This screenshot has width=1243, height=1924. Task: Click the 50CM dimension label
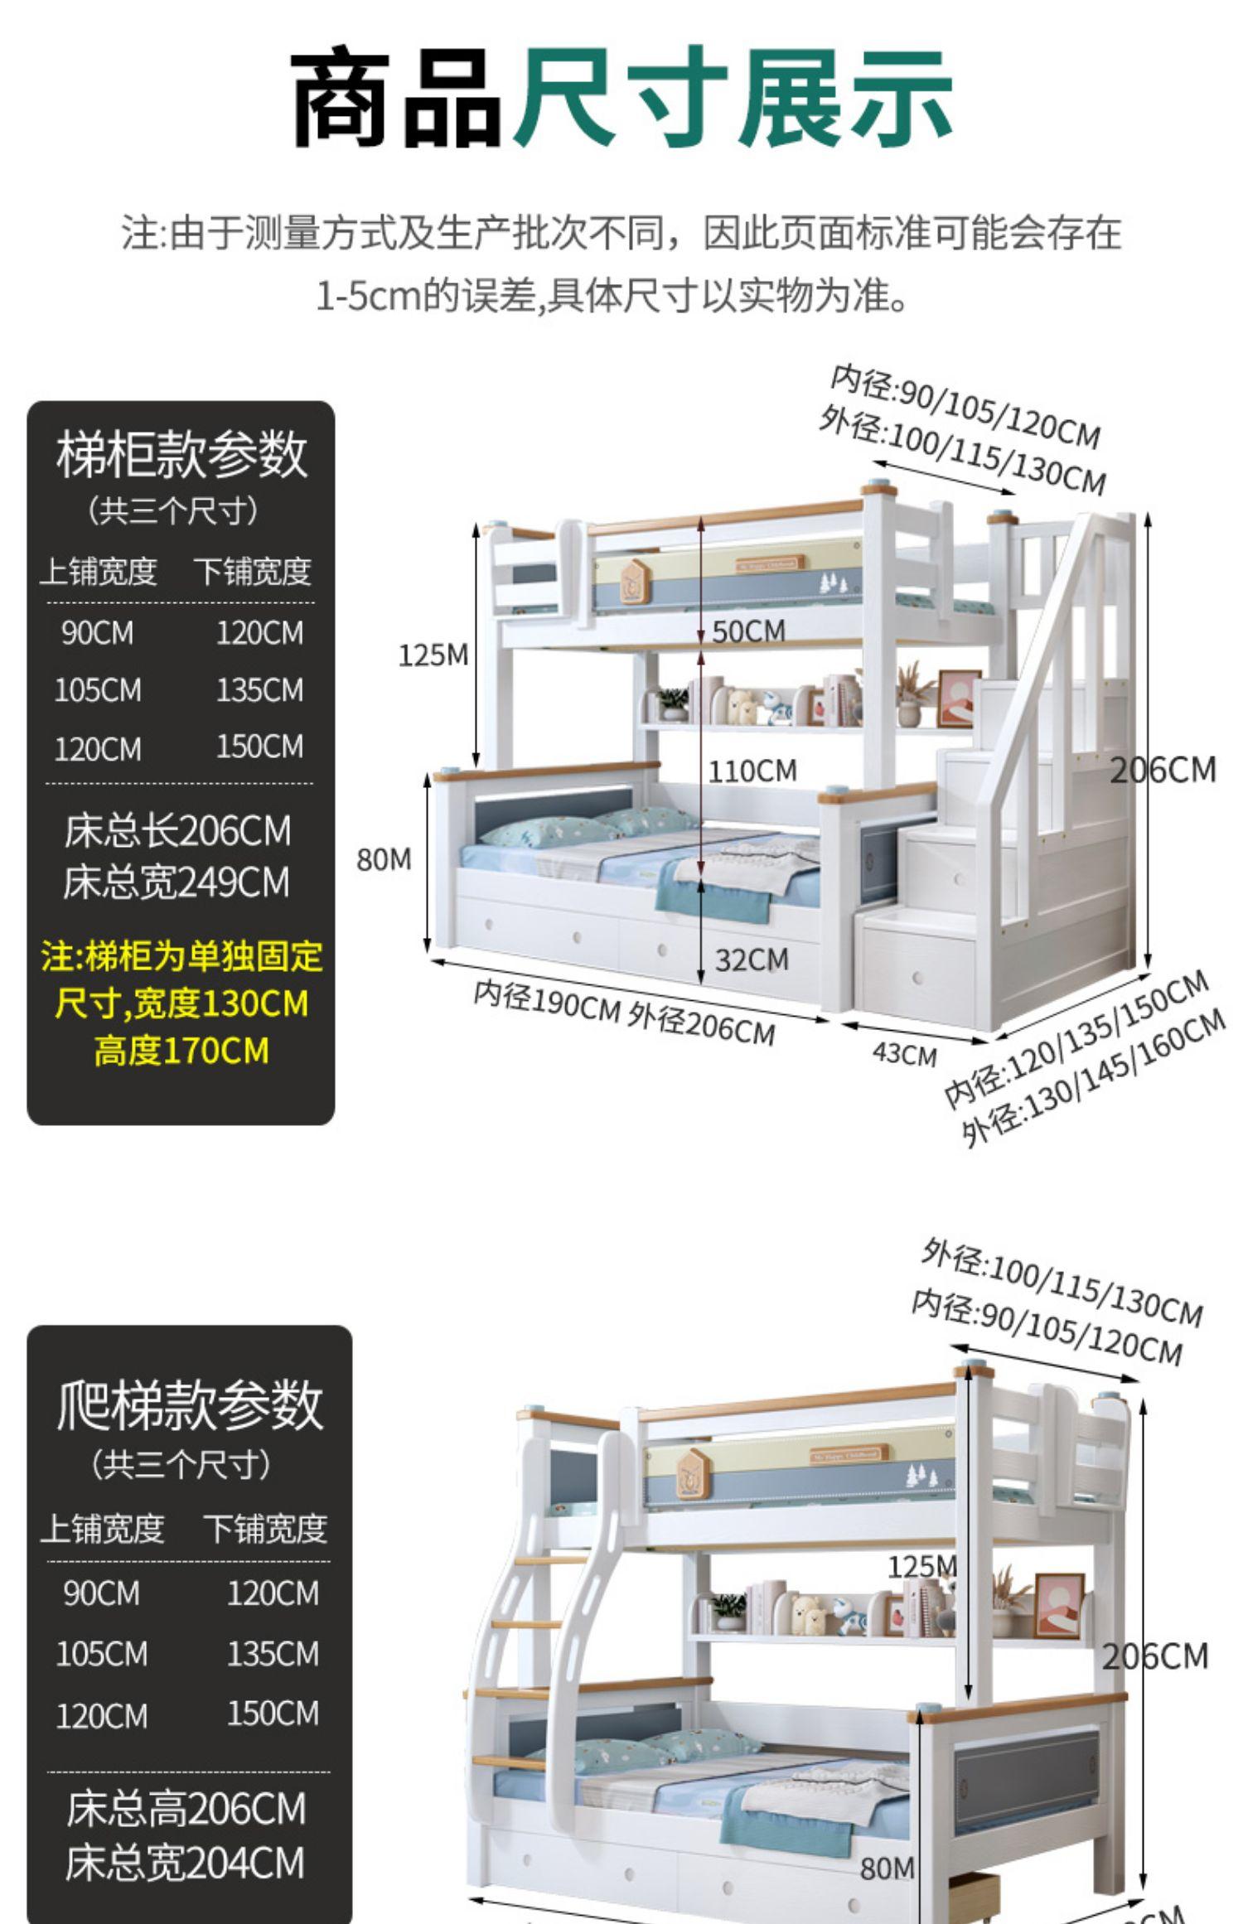[748, 631]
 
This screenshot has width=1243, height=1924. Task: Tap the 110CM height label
[752, 771]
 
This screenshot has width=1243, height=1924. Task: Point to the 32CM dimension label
[752, 960]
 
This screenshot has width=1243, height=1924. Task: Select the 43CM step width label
[904, 1055]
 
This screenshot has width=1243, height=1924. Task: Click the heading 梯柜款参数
[181, 455]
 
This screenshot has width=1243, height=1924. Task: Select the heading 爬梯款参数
[190, 1405]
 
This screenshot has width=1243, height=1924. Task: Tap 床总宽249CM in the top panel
[177, 882]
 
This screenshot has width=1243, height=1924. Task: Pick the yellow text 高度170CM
[181, 1051]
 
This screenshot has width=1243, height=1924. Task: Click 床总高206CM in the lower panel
[186, 1808]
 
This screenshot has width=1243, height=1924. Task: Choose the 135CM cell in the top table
[259, 690]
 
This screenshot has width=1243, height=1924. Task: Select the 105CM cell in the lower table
[101, 1654]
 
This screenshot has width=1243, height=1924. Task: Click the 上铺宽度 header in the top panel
[99, 572]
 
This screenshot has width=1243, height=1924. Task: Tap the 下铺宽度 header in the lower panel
[265, 1529]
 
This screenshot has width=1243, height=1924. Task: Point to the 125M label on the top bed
[433, 655]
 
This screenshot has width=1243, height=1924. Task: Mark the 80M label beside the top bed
[384, 860]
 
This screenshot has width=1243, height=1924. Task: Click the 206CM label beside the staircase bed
[1163, 770]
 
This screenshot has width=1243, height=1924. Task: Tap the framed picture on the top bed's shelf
[959, 698]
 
